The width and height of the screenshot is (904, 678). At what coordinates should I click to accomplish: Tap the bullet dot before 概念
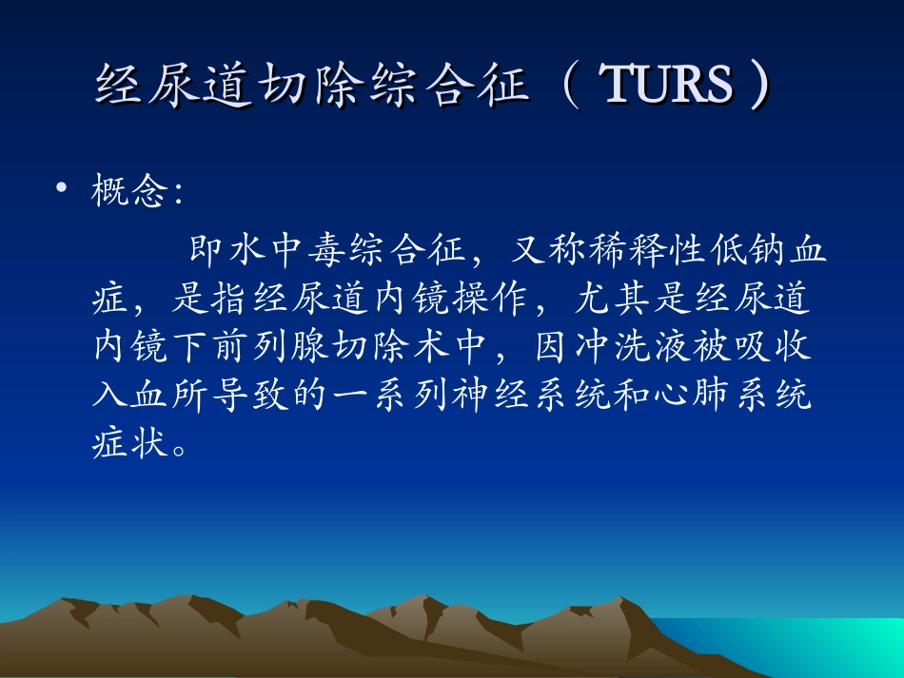click(x=62, y=192)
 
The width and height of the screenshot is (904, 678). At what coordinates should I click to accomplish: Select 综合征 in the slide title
click(x=459, y=86)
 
